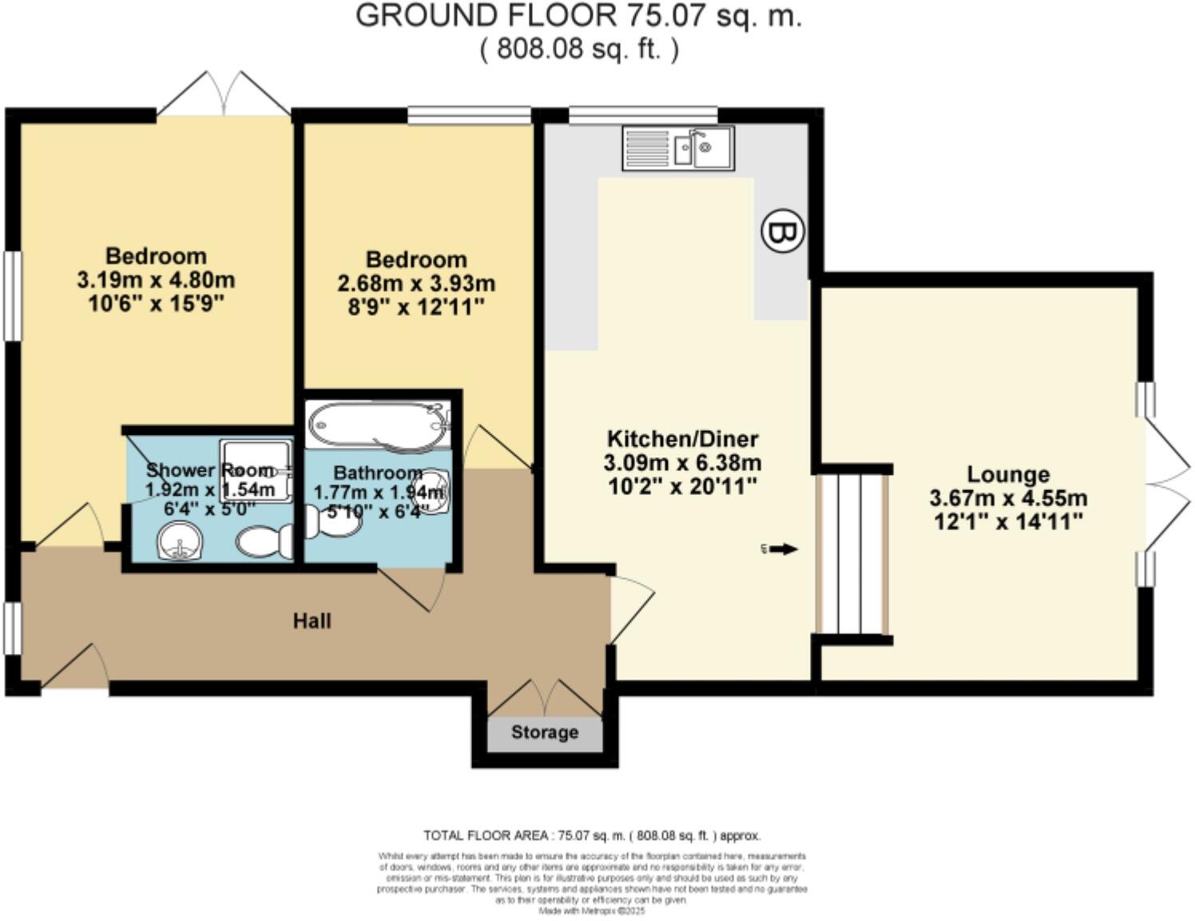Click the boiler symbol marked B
click(x=781, y=232)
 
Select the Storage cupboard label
click(x=545, y=732)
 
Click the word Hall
click(x=312, y=621)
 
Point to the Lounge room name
click(x=1008, y=474)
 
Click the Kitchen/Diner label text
click(x=683, y=439)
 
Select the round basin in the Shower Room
click(x=180, y=542)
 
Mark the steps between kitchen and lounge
click(x=852, y=554)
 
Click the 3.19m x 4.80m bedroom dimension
click(x=156, y=281)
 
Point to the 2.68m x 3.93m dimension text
click(x=416, y=284)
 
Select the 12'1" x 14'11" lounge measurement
click(x=1008, y=522)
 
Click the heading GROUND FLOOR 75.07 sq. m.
click(x=578, y=16)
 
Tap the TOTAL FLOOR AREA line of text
click(x=592, y=835)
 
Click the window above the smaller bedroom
click(x=469, y=116)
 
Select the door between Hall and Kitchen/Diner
click(x=631, y=609)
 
